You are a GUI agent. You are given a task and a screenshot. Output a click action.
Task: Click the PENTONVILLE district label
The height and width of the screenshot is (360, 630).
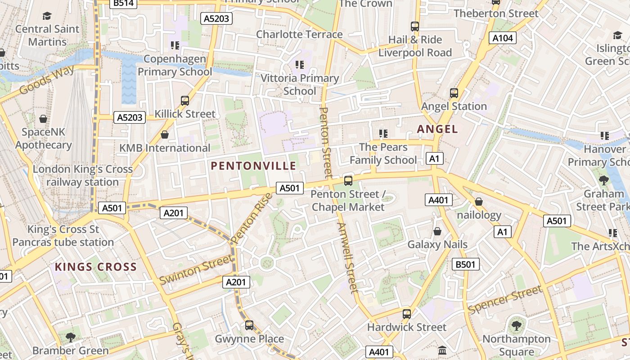coord(253,166)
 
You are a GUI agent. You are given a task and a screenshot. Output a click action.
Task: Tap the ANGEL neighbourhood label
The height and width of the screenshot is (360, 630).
coord(437,129)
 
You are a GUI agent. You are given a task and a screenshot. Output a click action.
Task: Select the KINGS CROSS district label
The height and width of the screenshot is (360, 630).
coord(95,267)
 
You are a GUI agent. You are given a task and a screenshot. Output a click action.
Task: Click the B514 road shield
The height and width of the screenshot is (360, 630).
coord(123,3)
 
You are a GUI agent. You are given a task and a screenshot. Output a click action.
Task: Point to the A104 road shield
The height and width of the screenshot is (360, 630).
coord(503,38)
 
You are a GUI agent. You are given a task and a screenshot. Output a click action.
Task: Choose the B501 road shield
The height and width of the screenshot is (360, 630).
coord(465,264)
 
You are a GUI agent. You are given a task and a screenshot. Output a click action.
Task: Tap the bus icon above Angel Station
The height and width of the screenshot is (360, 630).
coord(454,93)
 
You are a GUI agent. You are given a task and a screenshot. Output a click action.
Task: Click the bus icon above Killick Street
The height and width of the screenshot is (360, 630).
coord(185,100)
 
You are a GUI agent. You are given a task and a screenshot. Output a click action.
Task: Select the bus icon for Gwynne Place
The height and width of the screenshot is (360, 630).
coord(249,325)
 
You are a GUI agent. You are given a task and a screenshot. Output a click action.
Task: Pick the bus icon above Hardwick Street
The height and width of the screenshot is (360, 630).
coord(407,314)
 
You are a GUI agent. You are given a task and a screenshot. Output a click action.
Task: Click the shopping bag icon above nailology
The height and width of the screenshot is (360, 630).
coord(479,202)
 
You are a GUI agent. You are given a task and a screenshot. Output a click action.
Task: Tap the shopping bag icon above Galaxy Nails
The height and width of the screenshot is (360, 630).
coord(437,231)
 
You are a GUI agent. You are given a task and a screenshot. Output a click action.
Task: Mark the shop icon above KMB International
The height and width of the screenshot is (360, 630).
coord(165,135)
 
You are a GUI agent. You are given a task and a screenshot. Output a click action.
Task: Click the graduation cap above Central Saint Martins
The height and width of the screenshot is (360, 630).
coord(47,16)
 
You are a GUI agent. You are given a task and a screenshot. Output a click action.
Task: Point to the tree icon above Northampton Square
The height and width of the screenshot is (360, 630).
coord(517,325)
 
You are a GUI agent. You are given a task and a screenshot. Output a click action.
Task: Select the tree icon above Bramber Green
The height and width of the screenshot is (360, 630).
coord(70,337)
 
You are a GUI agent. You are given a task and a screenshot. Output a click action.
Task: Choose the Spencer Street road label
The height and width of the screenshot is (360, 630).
coord(505,300)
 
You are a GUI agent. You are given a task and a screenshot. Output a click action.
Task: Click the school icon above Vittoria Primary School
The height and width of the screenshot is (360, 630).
coord(300,65)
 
